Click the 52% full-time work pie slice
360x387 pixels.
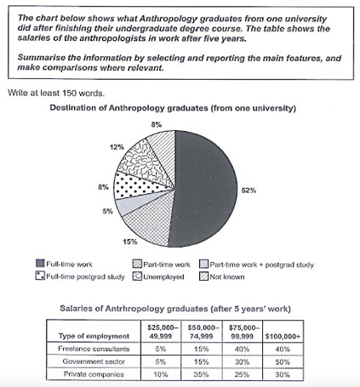click(204, 191)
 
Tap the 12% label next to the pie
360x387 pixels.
click(115, 147)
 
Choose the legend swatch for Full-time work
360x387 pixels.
click(40, 265)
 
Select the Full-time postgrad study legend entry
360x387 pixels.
click(80, 277)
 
